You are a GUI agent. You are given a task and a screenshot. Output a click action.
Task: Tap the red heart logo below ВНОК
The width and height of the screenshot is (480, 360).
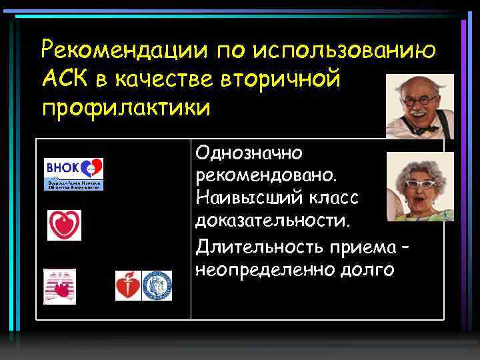click(x=64, y=225)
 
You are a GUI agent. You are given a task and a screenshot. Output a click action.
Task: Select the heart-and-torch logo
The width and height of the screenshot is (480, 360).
click(x=128, y=285)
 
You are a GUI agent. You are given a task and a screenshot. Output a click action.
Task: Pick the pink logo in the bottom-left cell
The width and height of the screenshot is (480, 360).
click(x=59, y=286)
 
